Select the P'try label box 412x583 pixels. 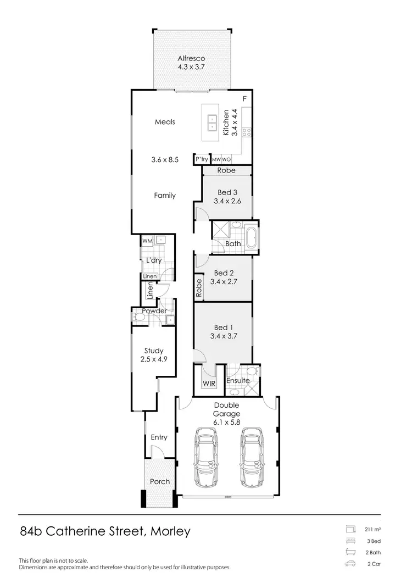[x=202, y=159]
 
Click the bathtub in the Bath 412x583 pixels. [x=251, y=238]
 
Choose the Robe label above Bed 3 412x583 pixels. [x=226, y=170]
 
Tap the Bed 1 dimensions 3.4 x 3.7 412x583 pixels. [x=223, y=336]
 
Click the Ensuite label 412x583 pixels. [x=238, y=380]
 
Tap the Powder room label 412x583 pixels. [x=154, y=311]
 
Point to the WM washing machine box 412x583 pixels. [x=147, y=241]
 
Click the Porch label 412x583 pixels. [x=160, y=481]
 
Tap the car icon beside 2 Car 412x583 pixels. [x=349, y=564]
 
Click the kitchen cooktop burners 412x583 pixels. [x=247, y=132]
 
